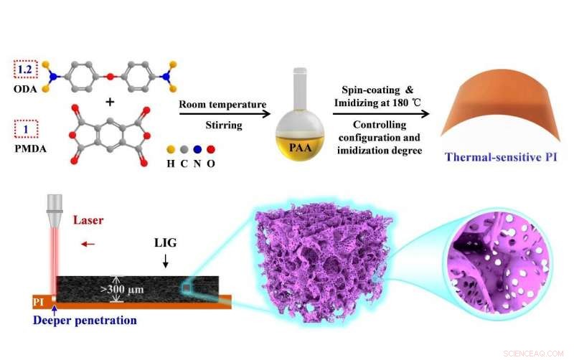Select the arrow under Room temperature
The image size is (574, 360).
point(223,113)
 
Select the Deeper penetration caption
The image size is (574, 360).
point(88,321)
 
